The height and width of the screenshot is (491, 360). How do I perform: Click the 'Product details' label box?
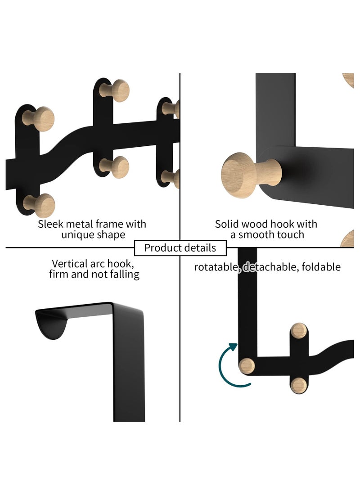pyautogui.click(x=180, y=248)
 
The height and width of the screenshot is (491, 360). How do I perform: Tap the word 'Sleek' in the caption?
pyautogui.click(x=50, y=224)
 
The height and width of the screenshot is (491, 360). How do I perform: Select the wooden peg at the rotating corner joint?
pyautogui.click(x=247, y=365)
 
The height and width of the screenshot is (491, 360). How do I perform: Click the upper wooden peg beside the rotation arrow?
pyautogui.click(x=299, y=331)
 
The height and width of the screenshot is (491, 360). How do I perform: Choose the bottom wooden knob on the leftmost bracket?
pyautogui.click(x=42, y=205)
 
